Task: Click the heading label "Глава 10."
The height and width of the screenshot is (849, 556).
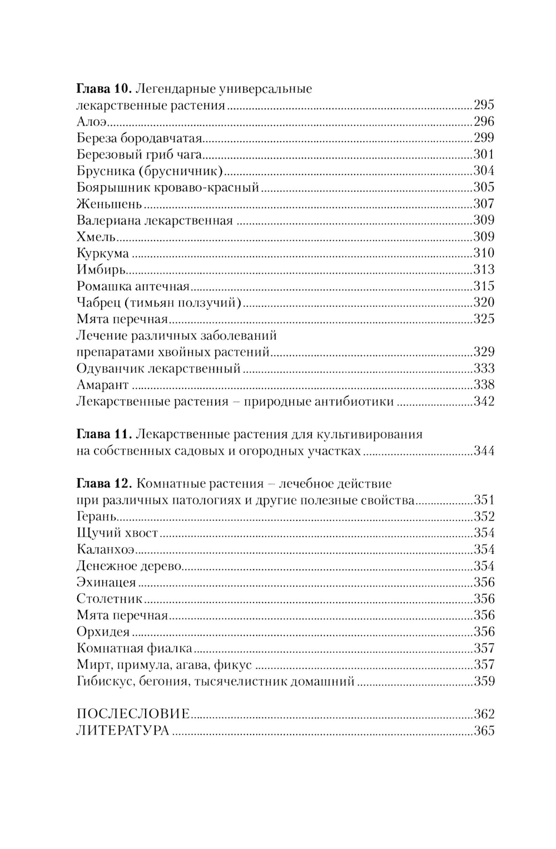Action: [x=103, y=89]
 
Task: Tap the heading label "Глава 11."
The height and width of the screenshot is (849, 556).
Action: [x=103, y=434]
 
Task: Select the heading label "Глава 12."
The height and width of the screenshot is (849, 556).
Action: [x=103, y=483]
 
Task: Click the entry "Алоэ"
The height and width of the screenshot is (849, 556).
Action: [x=91, y=122]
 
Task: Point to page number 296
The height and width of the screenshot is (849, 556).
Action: [x=484, y=122]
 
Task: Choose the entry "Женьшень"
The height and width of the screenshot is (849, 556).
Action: [x=109, y=204]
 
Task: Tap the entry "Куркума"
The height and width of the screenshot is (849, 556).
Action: [x=103, y=254]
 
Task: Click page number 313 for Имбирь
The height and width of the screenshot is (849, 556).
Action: [x=484, y=270]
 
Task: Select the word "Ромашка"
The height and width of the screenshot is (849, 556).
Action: [x=103, y=287]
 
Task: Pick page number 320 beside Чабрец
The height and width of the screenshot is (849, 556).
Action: [x=484, y=303]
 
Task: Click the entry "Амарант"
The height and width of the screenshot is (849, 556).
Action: [x=102, y=385]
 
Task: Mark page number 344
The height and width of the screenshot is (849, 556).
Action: [x=484, y=451]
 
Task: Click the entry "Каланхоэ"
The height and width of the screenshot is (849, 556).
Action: [x=106, y=550]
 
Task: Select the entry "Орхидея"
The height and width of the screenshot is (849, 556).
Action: [x=103, y=632]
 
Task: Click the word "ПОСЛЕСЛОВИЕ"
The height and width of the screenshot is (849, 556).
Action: [x=133, y=714]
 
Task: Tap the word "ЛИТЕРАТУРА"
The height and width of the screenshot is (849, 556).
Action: [x=122, y=731]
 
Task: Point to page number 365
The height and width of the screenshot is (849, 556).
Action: [x=484, y=731]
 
